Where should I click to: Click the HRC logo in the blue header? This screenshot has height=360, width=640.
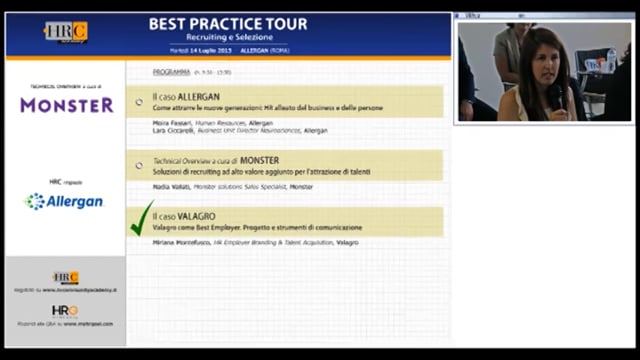click(65, 32)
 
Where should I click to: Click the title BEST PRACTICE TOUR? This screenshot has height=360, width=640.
click(228, 23)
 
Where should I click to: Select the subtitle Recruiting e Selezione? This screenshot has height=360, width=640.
click(228, 37)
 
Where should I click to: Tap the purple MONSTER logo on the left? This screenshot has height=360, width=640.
click(66, 104)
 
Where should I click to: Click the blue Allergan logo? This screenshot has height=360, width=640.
click(64, 201)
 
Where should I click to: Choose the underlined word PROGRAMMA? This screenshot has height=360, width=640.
click(171, 72)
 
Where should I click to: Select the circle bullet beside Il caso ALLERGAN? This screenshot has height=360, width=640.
click(139, 102)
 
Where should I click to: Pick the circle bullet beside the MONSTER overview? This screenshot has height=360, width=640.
click(139, 165)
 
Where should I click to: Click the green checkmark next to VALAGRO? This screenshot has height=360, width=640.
click(143, 218)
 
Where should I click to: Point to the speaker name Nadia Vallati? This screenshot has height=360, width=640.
click(171, 187)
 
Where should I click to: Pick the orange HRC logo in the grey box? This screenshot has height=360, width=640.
click(65, 277)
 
